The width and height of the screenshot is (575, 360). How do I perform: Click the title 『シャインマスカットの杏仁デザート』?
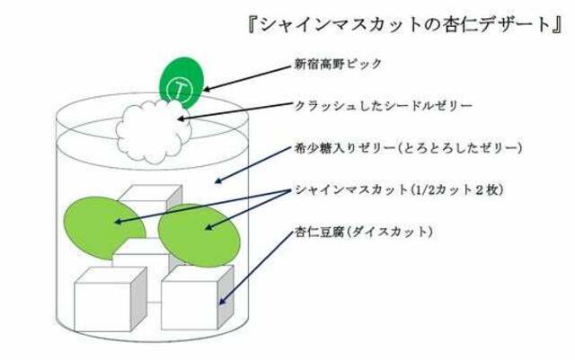point(405,25)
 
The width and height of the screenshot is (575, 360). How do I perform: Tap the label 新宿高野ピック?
point(338,64)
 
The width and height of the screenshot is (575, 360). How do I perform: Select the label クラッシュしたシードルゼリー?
point(384,106)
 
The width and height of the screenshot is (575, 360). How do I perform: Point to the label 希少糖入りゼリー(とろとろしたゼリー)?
point(408,148)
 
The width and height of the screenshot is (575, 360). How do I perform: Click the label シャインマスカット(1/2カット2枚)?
point(399,190)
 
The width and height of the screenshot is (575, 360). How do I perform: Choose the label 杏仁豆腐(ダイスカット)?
point(364,232)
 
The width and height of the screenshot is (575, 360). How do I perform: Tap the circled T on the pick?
point(180,90)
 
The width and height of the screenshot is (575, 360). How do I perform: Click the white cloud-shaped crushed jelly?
point(154,131)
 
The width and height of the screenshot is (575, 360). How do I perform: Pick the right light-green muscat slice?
point(199,235)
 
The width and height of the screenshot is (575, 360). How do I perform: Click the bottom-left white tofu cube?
point(111,299)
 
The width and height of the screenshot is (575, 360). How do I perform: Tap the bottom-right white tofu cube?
point(197,297)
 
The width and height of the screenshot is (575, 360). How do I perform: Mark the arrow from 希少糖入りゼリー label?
point(253,164)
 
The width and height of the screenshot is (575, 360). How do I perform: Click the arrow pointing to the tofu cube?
point(255,268)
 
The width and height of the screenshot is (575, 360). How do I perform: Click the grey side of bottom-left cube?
point(138,298)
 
